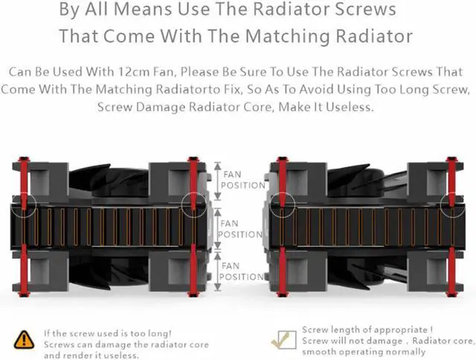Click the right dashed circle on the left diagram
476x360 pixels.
tap(194, 202)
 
